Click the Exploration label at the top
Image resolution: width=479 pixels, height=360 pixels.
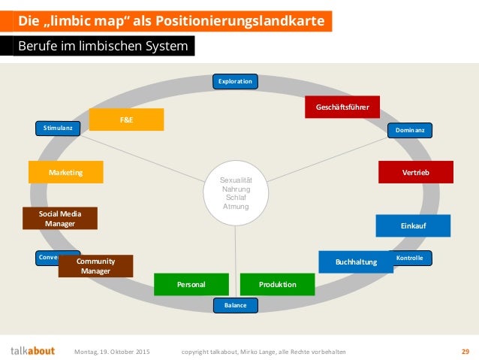click(235, 81)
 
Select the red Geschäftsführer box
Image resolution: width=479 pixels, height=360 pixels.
click(342, 107)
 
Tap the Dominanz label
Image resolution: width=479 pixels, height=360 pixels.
click(410, 131)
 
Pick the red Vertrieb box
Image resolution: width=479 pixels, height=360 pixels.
click(416, 172)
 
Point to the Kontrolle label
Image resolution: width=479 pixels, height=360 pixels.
click(410, 258)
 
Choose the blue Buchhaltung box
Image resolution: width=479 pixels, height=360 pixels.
click(356, 262)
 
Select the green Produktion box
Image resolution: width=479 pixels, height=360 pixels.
click(277, 285)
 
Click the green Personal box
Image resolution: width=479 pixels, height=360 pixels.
click(191, 285)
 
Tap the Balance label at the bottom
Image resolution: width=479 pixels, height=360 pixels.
click(235, 305)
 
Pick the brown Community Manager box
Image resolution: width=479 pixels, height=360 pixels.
click(95, 266)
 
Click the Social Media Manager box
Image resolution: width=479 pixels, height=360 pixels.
click(60, 219)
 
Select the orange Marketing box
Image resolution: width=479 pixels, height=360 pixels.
click(65, 173)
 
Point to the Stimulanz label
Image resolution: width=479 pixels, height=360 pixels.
click(58, 129)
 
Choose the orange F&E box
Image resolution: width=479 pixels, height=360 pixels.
click(126, 119)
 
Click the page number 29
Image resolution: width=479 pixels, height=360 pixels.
click(465, 351)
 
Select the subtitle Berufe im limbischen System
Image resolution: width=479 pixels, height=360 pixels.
click(104, 47)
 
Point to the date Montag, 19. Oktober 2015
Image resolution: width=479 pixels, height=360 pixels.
click(113, 351)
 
